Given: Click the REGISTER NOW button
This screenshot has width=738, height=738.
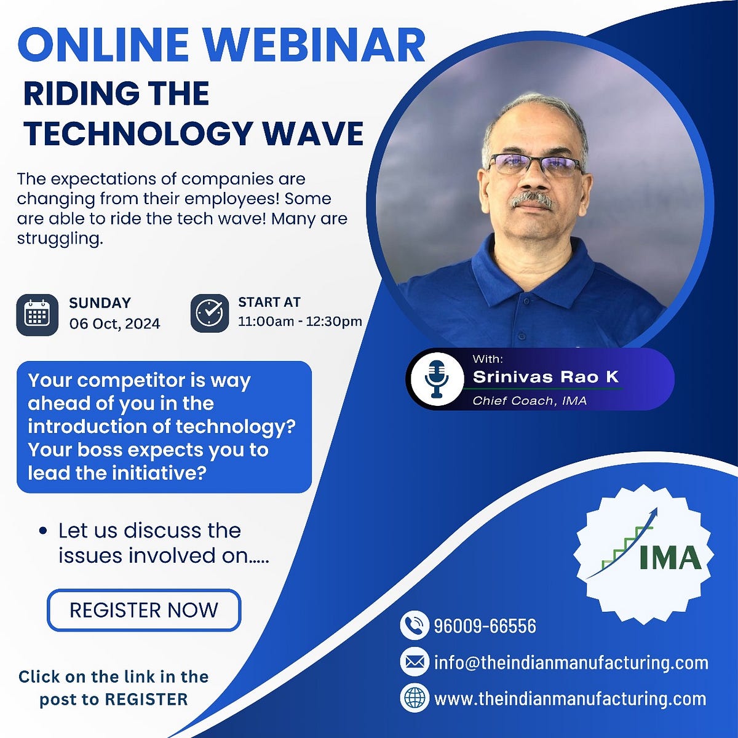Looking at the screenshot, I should (144, 610).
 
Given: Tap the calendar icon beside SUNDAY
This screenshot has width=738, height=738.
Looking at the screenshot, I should (37, 315).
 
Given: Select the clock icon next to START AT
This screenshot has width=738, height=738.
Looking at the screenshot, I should (210, 313).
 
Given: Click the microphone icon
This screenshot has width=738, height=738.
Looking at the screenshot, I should (436, 378).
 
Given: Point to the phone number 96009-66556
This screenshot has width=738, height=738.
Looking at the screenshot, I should (485, 626).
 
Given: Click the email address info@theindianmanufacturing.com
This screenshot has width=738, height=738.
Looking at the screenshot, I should (571, 662).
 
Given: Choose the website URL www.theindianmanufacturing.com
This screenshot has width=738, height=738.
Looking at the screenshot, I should (570, 699).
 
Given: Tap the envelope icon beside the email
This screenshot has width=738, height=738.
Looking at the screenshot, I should (415, 662).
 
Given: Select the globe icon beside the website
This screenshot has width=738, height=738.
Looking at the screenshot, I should (415, 698).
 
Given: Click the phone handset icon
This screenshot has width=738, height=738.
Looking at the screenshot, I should (415, 625).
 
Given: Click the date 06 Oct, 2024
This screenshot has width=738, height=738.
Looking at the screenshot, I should (114, 323).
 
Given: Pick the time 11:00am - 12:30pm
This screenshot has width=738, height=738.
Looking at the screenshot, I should (300, 321).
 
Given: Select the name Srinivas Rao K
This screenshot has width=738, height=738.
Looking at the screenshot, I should (546, 376).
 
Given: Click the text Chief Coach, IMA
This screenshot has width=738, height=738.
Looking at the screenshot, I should (530, 401).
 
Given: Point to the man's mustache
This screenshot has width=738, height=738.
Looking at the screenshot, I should (533, 199).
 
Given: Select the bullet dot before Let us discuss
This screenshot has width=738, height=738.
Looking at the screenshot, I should (42, 531).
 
